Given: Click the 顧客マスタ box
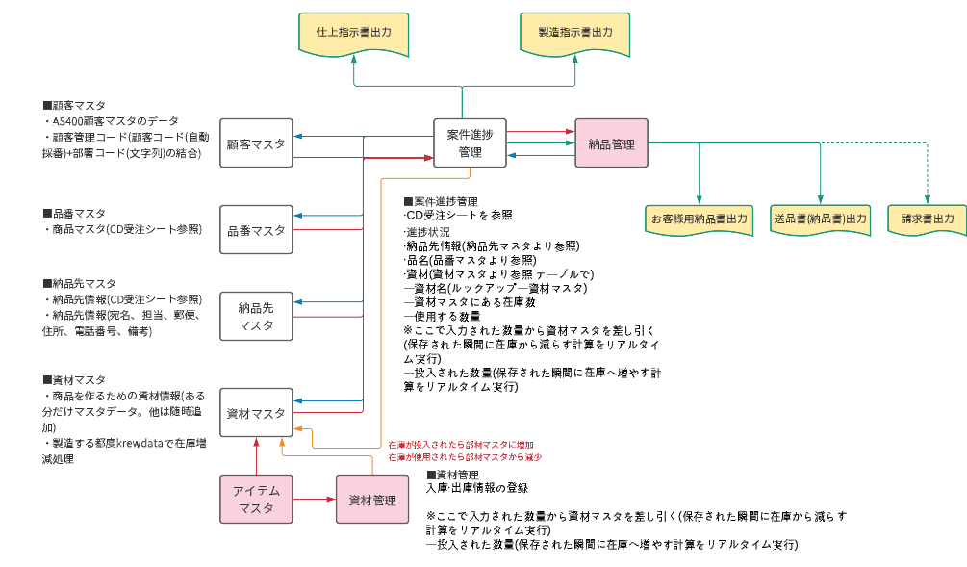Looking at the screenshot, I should (x=256, y=144).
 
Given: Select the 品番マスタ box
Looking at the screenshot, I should (x=256, y=230).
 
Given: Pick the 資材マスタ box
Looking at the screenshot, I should (x=256, y=413).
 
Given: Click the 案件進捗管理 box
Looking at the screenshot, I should (x=470, y=144).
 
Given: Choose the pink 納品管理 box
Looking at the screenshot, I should (x=611, y=144).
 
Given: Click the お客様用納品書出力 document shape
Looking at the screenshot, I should (x=700, y=219).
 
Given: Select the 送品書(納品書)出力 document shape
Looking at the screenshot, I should (x=820, y=219).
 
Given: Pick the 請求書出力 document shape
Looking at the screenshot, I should (x=927, y=219).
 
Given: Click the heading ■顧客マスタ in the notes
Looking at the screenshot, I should (x=74, y=105).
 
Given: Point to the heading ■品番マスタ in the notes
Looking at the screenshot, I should (x=74, y=213).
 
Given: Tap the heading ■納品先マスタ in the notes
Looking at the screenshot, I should (x=79, y=283).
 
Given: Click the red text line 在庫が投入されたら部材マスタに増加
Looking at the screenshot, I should (x=453, y=446).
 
